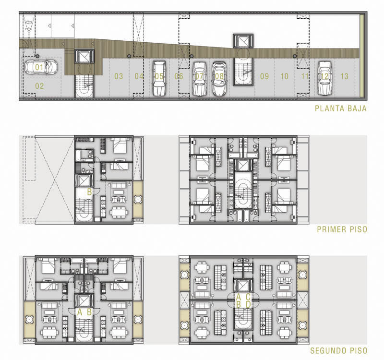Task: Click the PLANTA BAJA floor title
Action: [x=340, y=108]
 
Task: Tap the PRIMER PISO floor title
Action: [x=342, y=229]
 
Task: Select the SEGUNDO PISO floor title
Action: [x=339, y=350]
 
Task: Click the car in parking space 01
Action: [x=41, y=67]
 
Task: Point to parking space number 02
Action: [x=39, y=86]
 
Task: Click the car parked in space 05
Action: [x=159, y=78]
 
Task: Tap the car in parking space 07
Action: [x=200, y=79]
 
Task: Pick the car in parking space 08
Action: [x=219, y=79]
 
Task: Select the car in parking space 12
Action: [x=325, y=78]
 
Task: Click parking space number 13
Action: [x=344, y=76]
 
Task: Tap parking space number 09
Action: [x=264, y=76]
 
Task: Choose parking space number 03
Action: [x=119, y=76]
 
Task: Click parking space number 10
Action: [x=284, y=76]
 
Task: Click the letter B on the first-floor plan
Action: [x=89, y=192]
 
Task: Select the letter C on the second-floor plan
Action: [x=248, y=297]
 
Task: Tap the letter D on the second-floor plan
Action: [x=248, y=304]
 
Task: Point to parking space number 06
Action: [x=179, y=76]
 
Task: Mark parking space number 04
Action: [x=139, y=76]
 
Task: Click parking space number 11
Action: [x=304, y=76]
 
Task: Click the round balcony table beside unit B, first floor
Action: [x=138, y=199]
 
